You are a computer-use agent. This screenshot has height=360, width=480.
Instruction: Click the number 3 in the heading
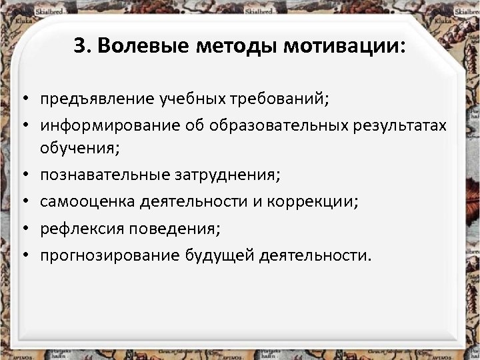pos(77,47)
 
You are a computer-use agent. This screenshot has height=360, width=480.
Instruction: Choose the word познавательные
pos(106,175)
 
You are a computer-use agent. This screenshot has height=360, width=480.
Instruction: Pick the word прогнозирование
pos(109,254)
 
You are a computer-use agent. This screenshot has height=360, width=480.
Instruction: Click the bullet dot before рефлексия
pos(23,229)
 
